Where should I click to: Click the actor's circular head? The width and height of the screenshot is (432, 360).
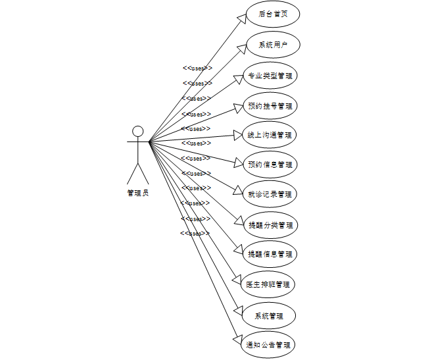coord(137,130)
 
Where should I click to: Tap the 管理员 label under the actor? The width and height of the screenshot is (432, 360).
coord(137,193)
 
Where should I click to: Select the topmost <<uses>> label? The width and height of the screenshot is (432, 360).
coord(197,68)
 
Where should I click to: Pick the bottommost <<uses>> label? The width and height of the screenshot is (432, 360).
coord(195,233)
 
